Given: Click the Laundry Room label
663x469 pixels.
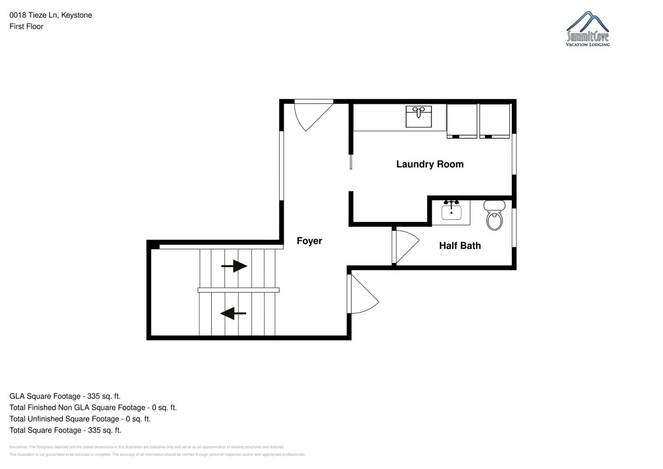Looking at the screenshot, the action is (430, 164).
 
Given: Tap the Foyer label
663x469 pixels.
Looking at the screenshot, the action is (309, 241).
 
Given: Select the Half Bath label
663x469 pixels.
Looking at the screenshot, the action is (460, 246).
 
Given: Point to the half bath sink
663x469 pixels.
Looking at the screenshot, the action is (451, 210).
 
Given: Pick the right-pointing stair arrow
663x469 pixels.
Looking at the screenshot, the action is (234, 266).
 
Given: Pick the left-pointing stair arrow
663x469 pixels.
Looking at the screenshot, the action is (233, 313).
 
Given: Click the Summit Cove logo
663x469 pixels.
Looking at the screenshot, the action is (588, 29).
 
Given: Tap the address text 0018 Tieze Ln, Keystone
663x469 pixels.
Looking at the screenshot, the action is (51, 15).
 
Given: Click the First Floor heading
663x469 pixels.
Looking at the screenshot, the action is (26, 27).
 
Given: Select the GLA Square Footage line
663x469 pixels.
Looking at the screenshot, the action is (65, 396).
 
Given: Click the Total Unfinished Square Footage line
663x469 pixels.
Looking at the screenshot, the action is (80, 419).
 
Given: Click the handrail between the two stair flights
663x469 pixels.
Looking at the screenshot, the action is (238, 290).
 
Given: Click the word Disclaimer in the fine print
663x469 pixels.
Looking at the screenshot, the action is (19, 447).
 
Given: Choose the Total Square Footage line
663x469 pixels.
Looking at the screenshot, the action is (65, 430).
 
